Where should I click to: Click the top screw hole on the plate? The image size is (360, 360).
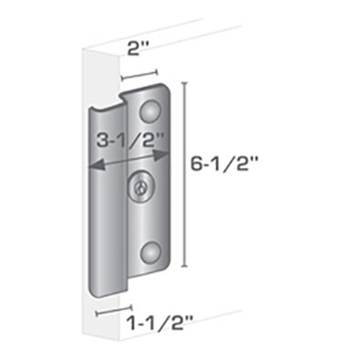pyautogui.click(x=150, y=111)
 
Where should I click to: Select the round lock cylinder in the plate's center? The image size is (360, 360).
pyautogui.click(x=140, y=186)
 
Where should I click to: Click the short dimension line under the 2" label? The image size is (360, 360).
pyautogui.click(x=139, y=72)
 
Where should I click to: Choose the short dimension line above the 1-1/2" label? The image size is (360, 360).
pyautogui.click(x=114, y=309)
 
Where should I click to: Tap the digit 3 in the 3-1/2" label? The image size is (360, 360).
pyautogui.click(x=103, y=142)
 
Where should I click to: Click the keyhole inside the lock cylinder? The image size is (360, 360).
pyautogui.click(x=138, y=188)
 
